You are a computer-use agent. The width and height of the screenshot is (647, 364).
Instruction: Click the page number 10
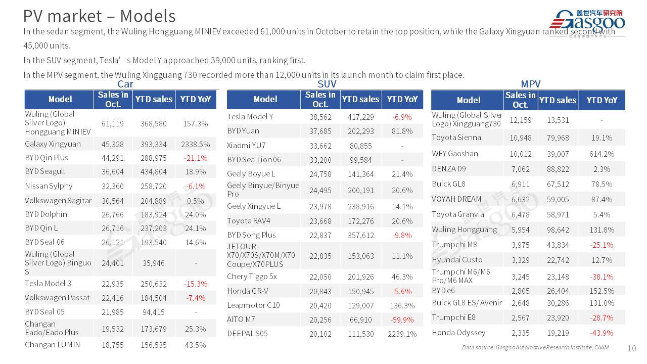[631, 348]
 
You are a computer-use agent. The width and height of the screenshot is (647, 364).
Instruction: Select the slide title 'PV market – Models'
[100, 16]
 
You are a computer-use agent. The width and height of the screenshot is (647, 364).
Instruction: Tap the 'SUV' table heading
[327, 84]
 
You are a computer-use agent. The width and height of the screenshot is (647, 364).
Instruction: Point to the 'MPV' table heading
[530, 84]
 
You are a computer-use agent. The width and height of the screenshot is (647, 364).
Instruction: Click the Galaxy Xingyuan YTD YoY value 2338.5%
[195, 144]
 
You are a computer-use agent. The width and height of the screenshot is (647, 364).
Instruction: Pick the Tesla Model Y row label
[250, 117]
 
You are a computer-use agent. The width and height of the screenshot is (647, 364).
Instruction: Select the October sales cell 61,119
[113, 123]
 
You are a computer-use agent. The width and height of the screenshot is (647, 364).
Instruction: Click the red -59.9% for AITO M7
[402, 320]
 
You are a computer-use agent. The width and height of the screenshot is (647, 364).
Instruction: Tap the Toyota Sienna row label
[456, 138]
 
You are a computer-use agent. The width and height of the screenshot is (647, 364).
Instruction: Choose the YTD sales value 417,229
[360, 117]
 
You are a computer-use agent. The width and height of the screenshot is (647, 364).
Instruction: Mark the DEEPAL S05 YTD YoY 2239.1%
[402, 334]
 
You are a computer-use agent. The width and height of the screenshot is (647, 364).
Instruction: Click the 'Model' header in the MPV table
[469, 100]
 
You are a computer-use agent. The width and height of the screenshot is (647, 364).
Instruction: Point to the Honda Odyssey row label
[458, 333]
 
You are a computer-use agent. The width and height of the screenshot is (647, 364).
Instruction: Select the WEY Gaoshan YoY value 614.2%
[602, 154]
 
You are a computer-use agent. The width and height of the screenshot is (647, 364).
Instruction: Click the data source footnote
[535, 347]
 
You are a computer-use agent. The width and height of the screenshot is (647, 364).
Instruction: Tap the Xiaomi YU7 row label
[247, 146]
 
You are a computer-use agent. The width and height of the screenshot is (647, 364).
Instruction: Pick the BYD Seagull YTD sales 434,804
[153, 171]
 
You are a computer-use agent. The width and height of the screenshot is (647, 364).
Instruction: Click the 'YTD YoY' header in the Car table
[196, 99]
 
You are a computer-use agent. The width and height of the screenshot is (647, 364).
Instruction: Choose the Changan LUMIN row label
[53, 345]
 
